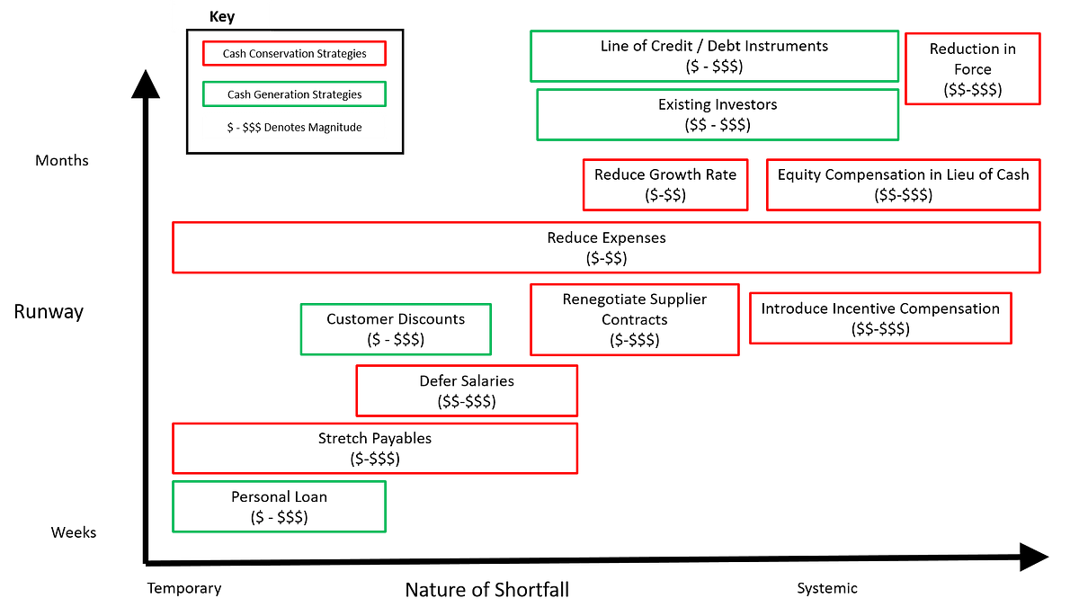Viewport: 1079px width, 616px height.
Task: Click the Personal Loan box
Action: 279,506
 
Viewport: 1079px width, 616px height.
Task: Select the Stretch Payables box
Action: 375,449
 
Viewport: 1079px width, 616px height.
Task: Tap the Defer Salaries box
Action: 467,390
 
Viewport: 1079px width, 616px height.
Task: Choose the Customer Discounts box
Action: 396,329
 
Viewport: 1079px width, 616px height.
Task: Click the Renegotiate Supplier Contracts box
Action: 635,320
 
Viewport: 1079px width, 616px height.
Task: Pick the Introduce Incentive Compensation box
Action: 880,318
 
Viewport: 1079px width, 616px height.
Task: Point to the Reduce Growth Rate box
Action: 665,184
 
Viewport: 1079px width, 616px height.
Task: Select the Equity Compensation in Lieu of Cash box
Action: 903,184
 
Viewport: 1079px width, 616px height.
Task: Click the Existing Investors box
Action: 718,114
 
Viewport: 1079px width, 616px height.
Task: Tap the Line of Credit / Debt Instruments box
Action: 714,56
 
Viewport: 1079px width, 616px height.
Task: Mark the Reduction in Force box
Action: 973,68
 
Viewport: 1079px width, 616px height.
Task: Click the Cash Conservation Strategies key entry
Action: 294,53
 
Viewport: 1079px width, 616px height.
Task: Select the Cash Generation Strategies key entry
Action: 294,94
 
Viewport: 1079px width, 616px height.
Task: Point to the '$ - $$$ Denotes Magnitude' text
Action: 294,127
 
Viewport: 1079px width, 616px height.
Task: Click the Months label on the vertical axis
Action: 62,160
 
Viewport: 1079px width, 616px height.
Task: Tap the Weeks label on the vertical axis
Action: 74,532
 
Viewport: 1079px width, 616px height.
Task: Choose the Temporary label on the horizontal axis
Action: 184,588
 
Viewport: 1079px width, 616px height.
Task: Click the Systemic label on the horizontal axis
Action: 827,588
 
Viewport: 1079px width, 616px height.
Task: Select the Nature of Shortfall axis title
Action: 487,590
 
